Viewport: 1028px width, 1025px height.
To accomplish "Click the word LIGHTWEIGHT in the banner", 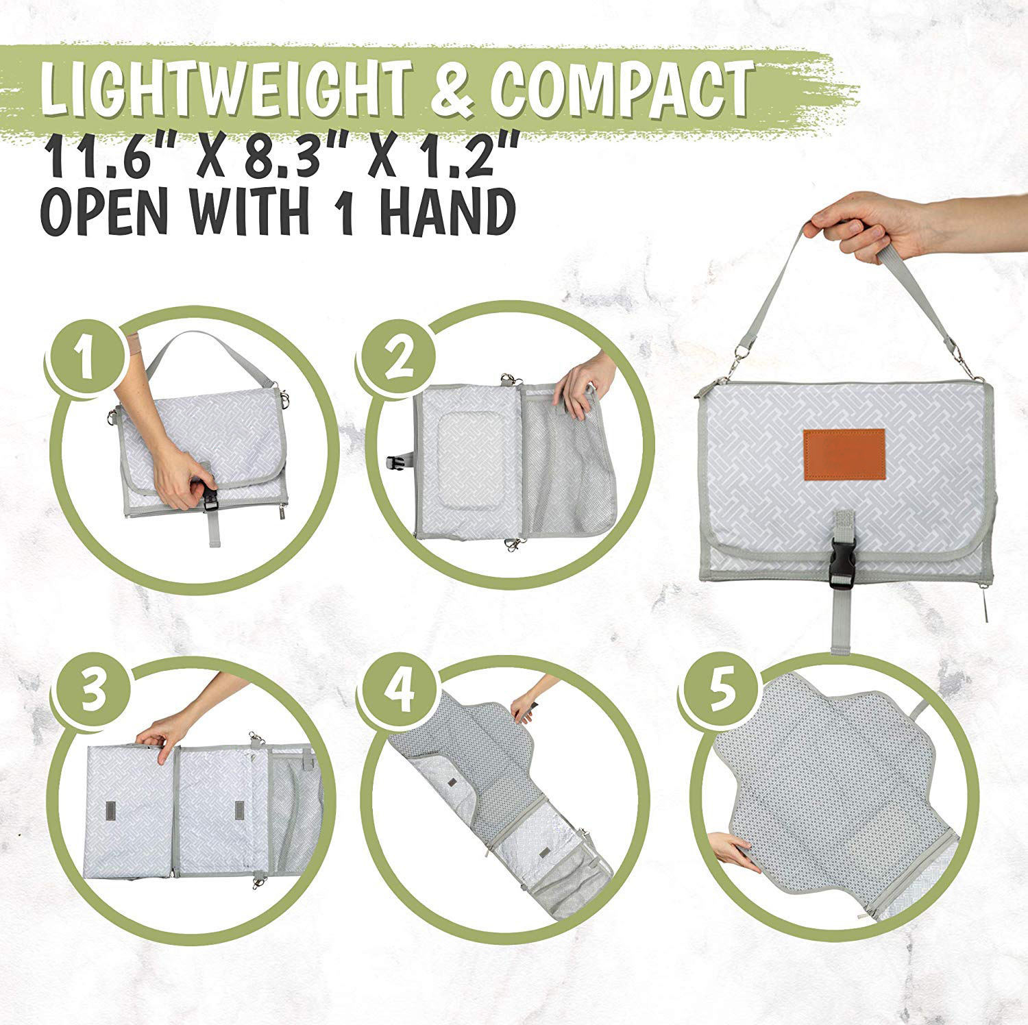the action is click(227, 90).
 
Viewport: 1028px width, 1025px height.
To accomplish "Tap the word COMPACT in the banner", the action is click(624, 90).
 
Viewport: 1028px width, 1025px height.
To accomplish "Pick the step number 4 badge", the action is click(399, 691).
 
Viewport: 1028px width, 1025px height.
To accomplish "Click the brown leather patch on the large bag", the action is click(844, 454).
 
